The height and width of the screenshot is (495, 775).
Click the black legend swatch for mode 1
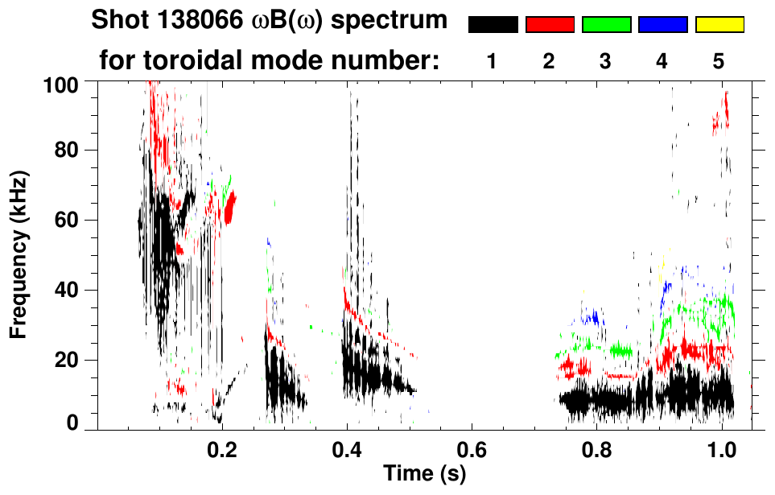[x=493, y=25]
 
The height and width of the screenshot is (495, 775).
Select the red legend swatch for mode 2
[x=550, y=25]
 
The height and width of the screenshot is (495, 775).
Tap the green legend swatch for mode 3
[x=606, y=25]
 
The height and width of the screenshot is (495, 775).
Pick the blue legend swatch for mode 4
[x=662, y=25]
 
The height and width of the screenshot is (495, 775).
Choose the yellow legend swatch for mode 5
[x=719, y=25]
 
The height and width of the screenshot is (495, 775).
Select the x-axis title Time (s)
[x=424, y=473]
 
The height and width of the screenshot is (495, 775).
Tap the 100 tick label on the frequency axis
[x=61, y=83]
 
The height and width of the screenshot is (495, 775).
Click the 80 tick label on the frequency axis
[x=66, y=151]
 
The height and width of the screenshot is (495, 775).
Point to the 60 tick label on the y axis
[x=66, y=220]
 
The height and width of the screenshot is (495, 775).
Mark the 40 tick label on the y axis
[x=66, y=290]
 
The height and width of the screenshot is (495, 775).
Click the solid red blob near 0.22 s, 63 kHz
[x=230, y=208]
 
